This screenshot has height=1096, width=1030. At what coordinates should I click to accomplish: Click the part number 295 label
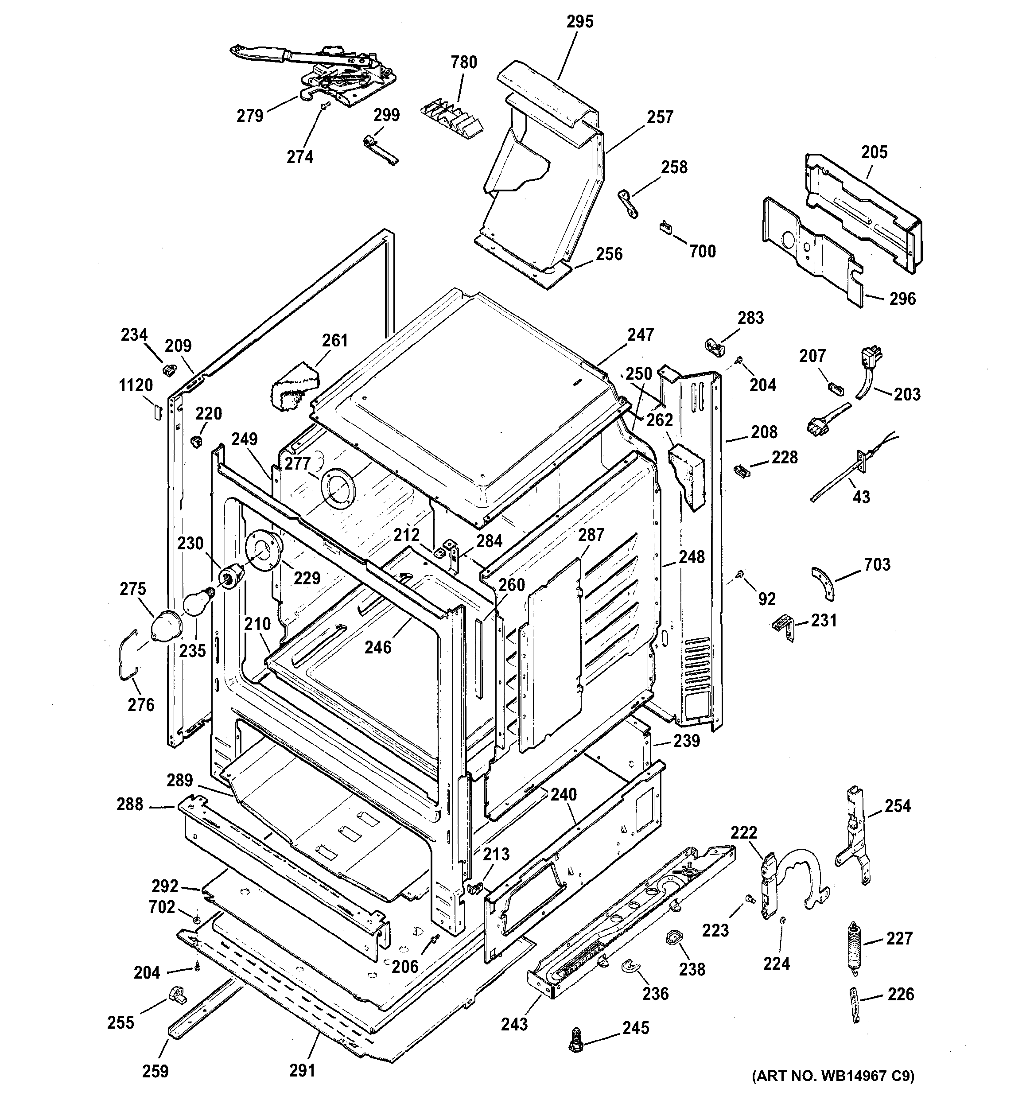pos(580,22)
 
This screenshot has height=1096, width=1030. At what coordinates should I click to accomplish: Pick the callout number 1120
pos(136,385)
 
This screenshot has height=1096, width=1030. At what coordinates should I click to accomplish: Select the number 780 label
pos(464,62)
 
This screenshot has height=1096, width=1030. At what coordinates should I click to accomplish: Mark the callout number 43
pos(861,497)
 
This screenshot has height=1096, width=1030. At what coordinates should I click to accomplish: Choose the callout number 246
pos(378,647)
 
